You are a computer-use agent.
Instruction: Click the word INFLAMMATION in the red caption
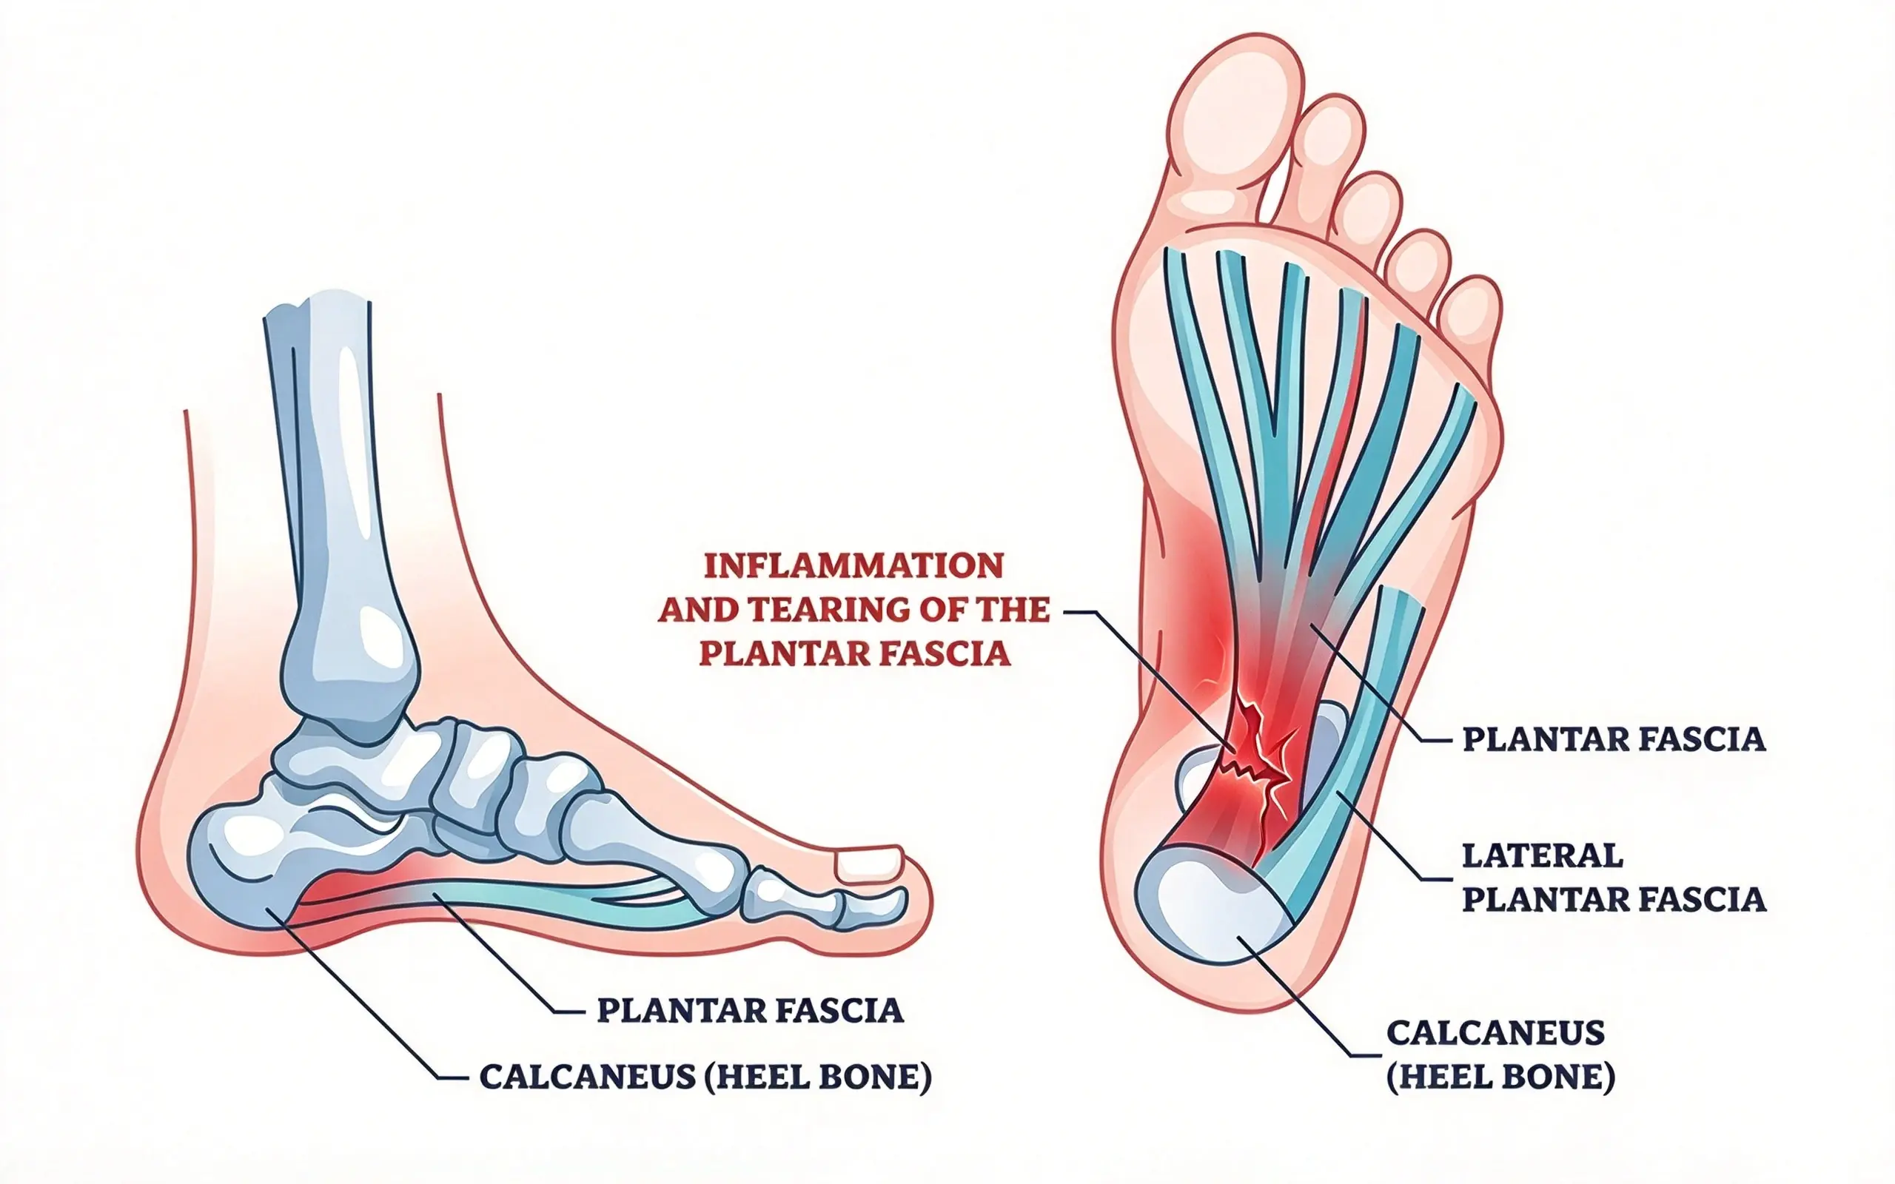coord(853,566)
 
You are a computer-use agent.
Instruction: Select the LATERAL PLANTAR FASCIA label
coord(1614,878)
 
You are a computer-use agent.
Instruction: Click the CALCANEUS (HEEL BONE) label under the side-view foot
coord(705,1077)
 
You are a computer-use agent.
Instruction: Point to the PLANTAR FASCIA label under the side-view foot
coord(750,1010)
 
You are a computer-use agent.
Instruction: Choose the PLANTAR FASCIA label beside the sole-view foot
coord(1614,739)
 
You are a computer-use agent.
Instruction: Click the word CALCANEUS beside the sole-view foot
coord(1495,1033)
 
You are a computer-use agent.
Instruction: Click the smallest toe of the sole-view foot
coord(1471,313)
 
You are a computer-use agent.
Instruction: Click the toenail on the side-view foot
coord(869,864)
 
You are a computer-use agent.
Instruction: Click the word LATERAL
coord(1542,856)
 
